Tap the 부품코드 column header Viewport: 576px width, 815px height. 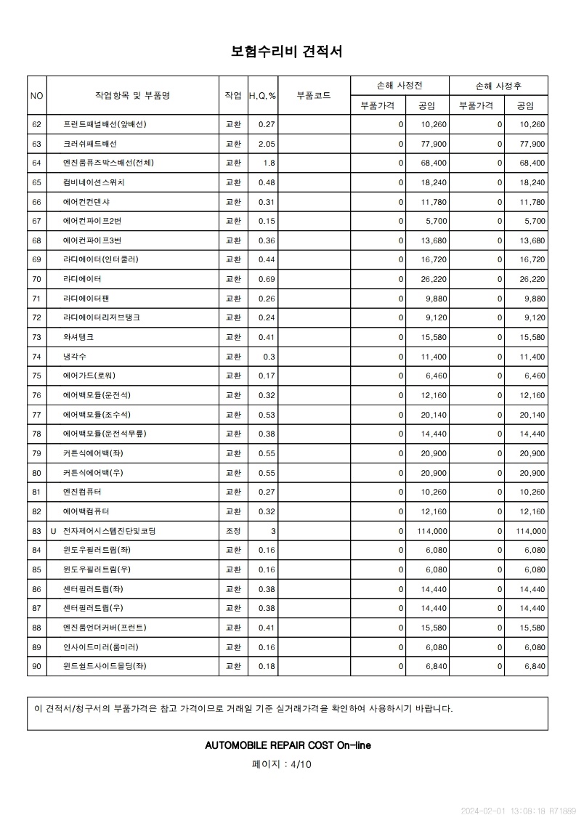[314, 96]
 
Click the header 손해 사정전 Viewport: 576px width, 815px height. [399, 86]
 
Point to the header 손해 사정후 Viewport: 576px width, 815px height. [498, 86]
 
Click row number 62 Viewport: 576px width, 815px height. [37, 125]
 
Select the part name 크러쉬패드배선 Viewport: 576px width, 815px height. [95, 144]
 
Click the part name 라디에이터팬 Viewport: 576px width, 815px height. [86, 299]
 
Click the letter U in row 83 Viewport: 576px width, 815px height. [53, 531]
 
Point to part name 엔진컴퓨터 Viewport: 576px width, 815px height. [82, 492]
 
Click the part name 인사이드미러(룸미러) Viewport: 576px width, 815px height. [101, 647]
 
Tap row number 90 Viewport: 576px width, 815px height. [37, 666]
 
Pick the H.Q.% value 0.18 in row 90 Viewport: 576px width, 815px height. [267, 666]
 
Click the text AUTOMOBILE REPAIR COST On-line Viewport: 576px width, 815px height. [288, 745]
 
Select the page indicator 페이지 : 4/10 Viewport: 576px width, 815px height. [282, 763]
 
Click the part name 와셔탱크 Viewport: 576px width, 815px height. [78, 338]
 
